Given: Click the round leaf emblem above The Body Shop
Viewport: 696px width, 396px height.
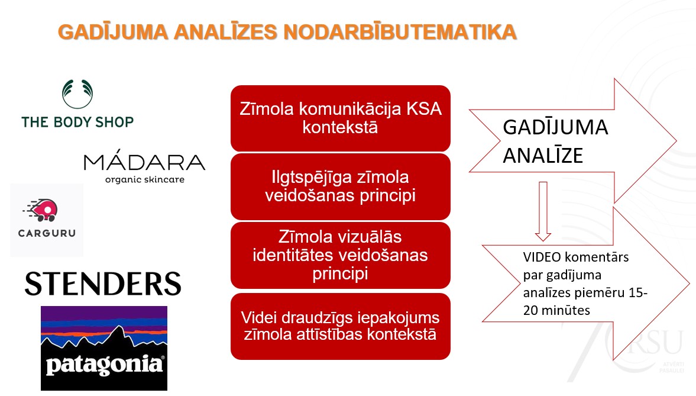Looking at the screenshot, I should pos(77,94).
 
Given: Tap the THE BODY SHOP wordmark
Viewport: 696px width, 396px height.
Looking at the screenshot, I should pos(77,123).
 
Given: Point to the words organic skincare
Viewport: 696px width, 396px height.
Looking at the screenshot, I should pos(145,179).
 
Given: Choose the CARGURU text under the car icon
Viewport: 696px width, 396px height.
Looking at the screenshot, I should pos(47,233).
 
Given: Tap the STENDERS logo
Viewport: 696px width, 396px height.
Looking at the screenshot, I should pos(103,284).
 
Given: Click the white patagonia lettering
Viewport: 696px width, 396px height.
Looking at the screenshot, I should pos(104,365).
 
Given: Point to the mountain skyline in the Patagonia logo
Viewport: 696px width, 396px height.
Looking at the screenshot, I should pos(104,340).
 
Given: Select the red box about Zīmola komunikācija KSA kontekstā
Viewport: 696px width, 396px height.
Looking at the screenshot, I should pos(340,118).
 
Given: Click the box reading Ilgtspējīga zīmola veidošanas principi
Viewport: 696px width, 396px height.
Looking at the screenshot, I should pos(340,186).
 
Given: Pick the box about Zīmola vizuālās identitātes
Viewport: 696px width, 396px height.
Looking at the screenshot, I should pos(340,256).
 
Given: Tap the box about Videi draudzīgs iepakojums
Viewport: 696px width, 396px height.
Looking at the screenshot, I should pos(340,326).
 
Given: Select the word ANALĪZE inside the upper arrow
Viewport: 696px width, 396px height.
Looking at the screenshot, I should pos(543,155).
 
